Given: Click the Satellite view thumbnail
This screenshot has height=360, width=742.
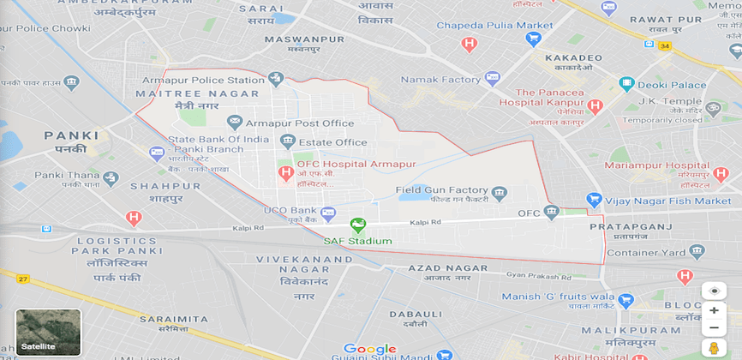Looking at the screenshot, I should coord(48,332).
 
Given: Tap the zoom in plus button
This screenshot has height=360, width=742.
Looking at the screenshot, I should coord(714,310).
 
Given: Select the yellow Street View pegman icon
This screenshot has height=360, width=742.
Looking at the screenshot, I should coord(714,347).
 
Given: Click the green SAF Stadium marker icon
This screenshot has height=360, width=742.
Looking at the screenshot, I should coord(357,225).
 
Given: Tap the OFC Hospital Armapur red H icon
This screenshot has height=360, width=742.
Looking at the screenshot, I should coord(286,173).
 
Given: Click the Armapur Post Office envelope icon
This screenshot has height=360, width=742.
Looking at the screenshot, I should coord(235,123).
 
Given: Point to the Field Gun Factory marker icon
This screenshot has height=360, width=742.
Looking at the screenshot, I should coord(500,190).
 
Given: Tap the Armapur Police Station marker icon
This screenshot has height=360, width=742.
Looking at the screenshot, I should coord(275,80).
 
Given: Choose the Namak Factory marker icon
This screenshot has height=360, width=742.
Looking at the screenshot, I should coord(492,79).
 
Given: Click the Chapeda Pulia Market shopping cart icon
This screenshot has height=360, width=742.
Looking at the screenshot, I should coord(534,39).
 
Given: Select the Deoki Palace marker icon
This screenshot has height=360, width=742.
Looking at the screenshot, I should coord(627,84).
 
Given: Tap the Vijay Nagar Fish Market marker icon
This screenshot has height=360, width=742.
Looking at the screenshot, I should coord(592,201).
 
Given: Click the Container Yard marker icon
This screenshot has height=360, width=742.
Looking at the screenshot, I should coord(696,251).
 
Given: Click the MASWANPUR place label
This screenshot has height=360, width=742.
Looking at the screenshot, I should coord(304,39).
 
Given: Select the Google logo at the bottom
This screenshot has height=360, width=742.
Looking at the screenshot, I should coord(369,349).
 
